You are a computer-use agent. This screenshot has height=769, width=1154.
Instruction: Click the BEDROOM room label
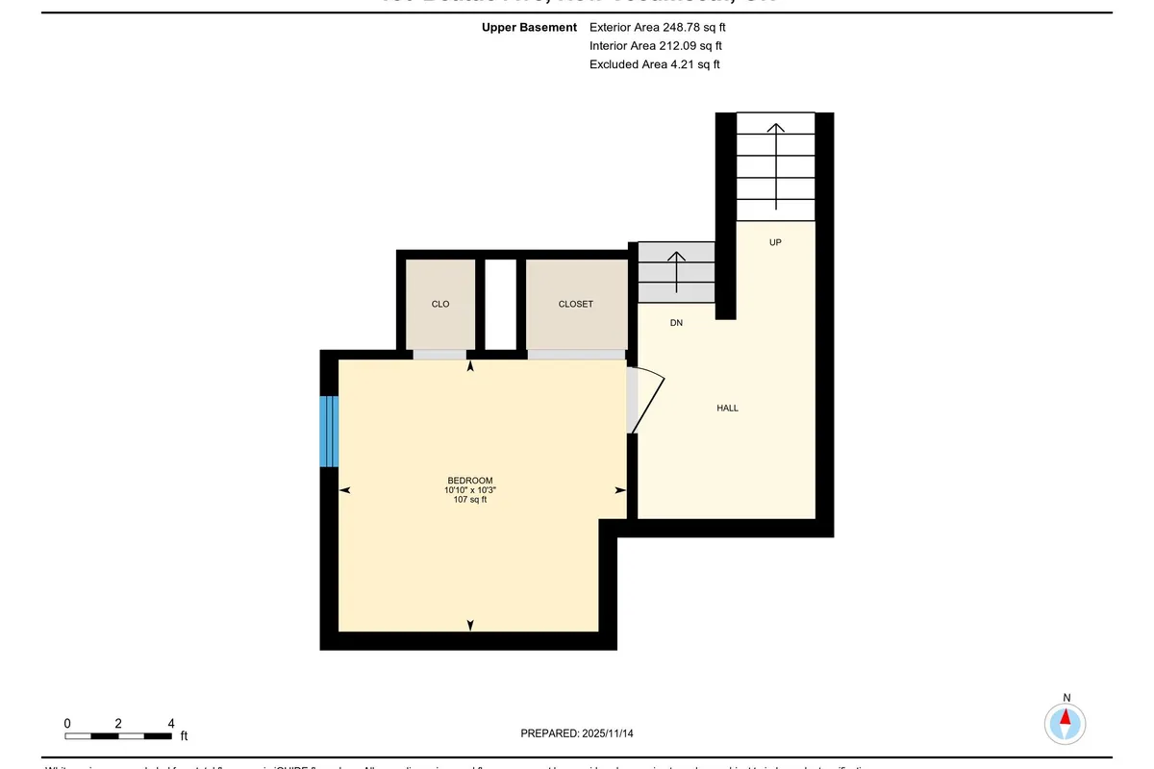[470, 481]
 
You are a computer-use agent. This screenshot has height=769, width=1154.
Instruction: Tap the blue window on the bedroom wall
[329, 431]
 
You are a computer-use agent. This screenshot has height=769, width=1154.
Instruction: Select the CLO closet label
[440, 304]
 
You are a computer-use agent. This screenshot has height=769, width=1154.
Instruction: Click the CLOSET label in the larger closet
[576, 304]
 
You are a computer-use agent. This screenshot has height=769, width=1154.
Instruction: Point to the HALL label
[727, 409]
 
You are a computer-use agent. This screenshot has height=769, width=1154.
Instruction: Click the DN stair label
[676, 323]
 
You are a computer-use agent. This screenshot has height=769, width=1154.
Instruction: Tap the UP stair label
[775, 242]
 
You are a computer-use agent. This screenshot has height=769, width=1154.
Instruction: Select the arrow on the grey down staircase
[676, 271]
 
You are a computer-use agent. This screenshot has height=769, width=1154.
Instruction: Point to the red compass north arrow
[1066, 718]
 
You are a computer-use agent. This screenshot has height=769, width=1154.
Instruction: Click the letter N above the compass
[1066, 698]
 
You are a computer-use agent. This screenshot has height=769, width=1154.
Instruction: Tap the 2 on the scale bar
[118, 723]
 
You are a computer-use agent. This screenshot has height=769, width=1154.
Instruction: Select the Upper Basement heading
[529, 28]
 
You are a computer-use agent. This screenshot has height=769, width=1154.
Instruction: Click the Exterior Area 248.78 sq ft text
[657, 28]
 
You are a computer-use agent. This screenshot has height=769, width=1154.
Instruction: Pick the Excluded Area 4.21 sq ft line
[654, 64]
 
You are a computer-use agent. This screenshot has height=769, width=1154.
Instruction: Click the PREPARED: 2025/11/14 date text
[577, 733]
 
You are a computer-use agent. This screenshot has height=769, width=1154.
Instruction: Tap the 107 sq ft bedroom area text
[470, 500]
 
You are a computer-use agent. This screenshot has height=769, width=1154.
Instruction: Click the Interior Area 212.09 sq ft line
[655, 46]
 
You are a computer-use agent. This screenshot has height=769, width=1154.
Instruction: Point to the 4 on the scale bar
[170, 723]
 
